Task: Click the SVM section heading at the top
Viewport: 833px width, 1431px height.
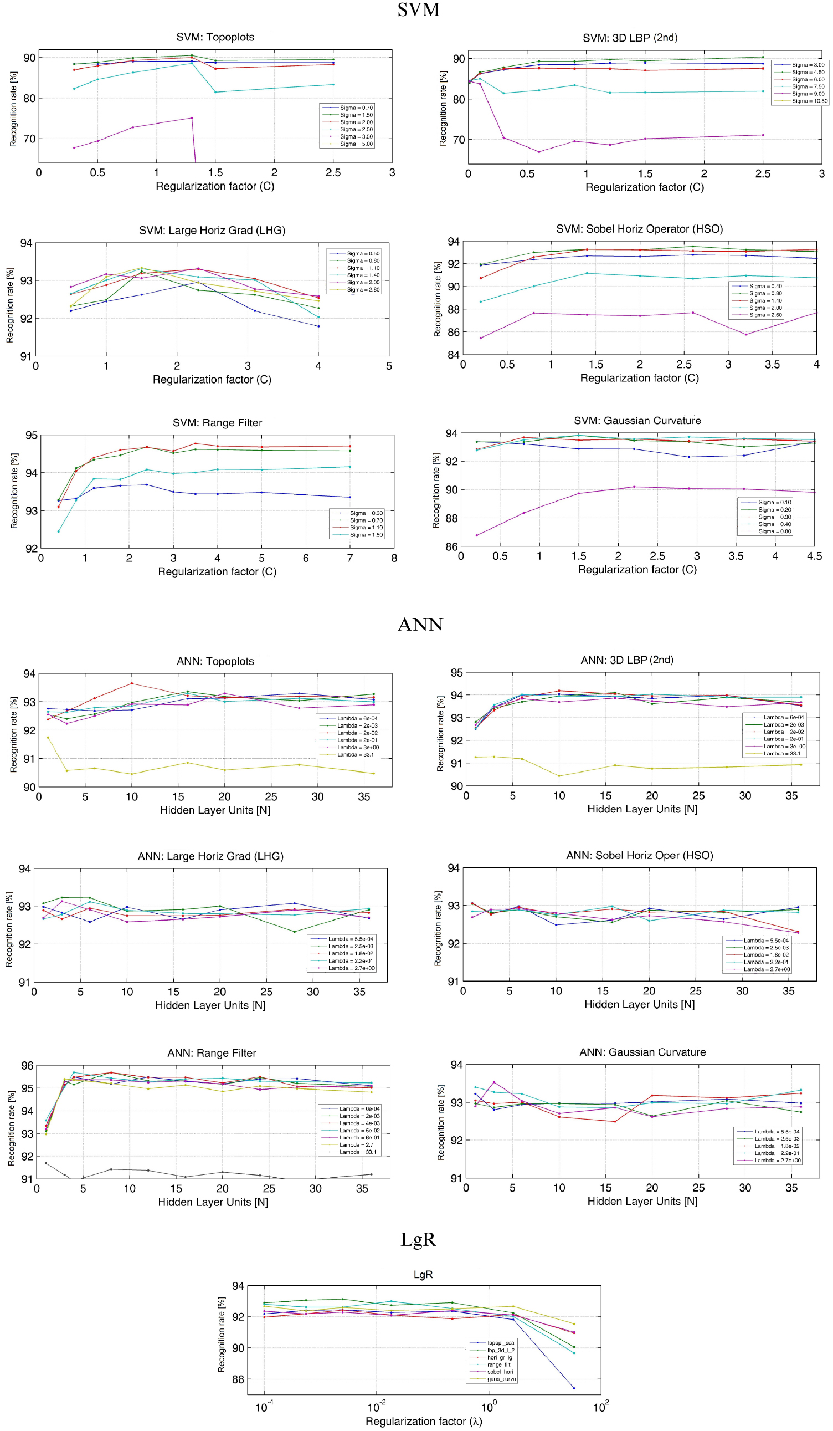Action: pyautogui.click(x=418, y=10)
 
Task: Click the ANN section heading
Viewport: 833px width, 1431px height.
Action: pyautogui.click(x=420, y=624)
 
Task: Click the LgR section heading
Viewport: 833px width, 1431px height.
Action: pyautogui.click(x=418, y=1239)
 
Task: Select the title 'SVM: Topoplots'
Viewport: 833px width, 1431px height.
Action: pyautogui.click(x=215, y=37)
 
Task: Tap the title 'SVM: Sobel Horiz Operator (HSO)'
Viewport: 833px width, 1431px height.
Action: pyautogui.click(x=639, y=229)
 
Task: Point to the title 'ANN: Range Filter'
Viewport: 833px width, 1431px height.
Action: pyautogui.click(x=212, y=1053)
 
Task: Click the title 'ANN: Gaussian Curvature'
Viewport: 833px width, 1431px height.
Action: pyautogui.click(x=642, y=1052)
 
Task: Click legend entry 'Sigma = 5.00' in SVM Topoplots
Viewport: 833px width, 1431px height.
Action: pyautogui.click(x=356, y=144)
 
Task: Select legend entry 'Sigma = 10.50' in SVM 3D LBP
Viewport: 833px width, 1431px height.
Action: pyautogui.click(x=809, y=101)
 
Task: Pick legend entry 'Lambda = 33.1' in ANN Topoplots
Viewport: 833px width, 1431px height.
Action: pyautogui.click(x=355, y=755)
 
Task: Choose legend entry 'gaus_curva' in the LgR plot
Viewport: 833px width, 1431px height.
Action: pyautogui.click(x=501, y=1379)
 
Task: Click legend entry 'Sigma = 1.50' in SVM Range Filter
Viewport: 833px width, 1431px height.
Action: pyautogui.click(x=366, y=535)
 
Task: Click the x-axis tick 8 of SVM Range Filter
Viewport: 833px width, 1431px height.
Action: pyautogui.click(x=394, y=558)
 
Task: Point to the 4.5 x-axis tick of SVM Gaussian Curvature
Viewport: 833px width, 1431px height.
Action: pyautogui.click(x=814, y=556)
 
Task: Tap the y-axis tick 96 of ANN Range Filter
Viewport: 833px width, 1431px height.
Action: pyautogui.click(x=27, y=1065)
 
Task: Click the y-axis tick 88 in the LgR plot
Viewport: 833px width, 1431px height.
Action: pyautogui.click(x=238, y=1379)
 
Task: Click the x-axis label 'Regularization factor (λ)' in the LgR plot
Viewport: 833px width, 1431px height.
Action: pyautogui.click(x=423, y=1421)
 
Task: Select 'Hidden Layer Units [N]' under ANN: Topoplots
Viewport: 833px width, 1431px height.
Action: pyautogui.click(x=215, y=810)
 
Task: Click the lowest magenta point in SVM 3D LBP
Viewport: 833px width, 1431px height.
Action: pyautogui.click(x=538, y=152)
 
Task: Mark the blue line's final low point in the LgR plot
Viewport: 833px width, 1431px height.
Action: pyautogui.click(x=574, y=1388)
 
